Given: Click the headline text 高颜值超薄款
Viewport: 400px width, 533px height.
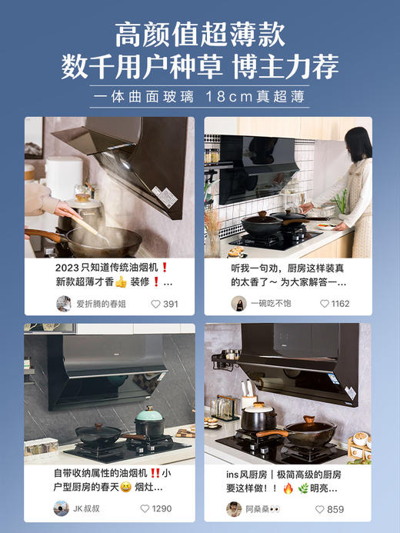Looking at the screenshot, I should [x=200, y=35].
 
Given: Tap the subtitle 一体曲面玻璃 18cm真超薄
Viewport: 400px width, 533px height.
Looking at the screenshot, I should [x=199, y=98].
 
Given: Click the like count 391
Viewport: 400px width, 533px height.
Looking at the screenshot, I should [x=170, y=304].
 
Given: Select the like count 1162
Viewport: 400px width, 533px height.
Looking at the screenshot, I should [x=340, y=304].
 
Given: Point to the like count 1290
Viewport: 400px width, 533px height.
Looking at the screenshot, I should [x=162, y=508].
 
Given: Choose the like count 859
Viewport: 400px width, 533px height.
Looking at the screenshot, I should [x=335, y=508].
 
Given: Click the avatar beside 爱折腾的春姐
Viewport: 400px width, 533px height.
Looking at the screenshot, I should [x=63, y=304].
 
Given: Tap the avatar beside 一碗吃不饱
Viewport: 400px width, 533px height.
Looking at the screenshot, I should [x=238, y=304].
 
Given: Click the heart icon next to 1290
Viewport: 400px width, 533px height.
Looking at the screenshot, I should [x=145, y=508].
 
